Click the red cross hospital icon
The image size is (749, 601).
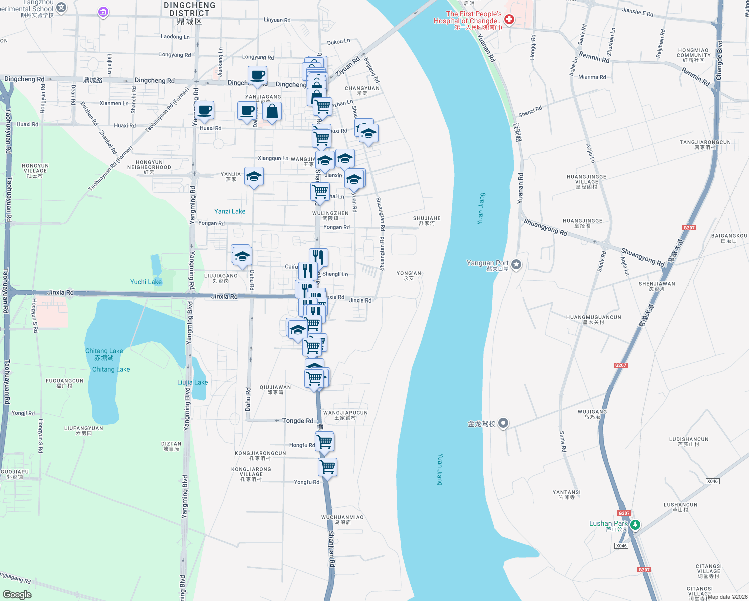509,20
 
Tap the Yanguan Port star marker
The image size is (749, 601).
516,265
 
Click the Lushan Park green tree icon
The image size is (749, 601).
635,525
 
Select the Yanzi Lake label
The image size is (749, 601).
230,211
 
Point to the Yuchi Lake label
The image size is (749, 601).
146,282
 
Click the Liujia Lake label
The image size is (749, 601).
192,382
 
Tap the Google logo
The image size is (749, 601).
17,595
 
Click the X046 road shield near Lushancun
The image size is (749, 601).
712,481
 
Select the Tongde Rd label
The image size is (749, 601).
297,421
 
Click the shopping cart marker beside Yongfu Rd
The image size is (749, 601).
327,467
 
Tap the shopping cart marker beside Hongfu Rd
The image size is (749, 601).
325,441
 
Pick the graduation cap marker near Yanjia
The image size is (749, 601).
254,177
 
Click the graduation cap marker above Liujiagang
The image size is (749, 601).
242,256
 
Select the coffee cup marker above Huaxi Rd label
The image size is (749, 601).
205,110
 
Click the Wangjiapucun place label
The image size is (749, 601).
345,415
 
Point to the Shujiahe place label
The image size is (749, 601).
427,221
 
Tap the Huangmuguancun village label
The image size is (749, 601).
593,319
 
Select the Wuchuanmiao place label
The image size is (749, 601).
342,519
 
